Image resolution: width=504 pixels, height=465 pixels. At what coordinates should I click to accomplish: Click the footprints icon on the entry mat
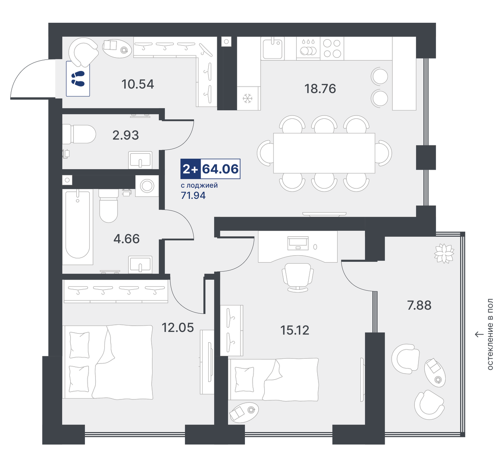coord(78,79)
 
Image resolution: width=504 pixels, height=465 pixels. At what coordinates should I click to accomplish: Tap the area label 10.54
coord(138,84)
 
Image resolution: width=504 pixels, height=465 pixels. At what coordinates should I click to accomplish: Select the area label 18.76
coord(320,89)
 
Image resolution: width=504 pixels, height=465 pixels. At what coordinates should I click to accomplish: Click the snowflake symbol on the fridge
coord(248,98)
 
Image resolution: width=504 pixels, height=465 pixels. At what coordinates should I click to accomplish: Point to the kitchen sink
coord(272,48)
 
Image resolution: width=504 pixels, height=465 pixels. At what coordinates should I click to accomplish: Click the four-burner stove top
coord(332,48)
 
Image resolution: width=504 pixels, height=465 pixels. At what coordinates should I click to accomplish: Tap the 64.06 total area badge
coord(220,169)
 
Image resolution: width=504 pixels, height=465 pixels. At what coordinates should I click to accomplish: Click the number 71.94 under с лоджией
coord(193,195)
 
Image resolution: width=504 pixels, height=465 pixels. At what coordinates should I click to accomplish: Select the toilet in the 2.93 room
coord(79,134)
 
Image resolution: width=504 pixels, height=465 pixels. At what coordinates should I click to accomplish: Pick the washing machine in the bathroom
coord(147,186)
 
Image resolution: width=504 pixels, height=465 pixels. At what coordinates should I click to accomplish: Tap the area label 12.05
coord(178,328)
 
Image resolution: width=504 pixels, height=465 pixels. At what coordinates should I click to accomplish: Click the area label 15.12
coord(295,330)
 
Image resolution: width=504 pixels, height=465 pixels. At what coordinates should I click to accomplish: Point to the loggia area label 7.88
coord(419,305)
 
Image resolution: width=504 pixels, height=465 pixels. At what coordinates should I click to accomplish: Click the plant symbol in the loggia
coord(444,253)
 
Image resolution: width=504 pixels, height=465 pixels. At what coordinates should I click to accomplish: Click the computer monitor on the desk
coord(298,243)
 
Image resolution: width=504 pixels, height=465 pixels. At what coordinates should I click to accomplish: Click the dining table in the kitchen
coord(324,153)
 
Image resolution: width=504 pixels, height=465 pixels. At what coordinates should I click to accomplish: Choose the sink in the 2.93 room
coord(140,160)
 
